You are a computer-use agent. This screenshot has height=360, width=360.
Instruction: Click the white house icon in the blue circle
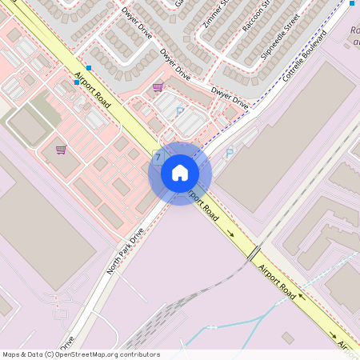point(180,172)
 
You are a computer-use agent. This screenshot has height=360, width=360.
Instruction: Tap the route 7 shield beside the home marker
point(158,156)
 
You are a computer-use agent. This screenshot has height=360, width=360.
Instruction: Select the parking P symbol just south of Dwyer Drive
point(179,112)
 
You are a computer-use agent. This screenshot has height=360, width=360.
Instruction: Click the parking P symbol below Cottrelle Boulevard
point(230,153)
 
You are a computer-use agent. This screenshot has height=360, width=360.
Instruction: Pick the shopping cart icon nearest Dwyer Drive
point(158,87)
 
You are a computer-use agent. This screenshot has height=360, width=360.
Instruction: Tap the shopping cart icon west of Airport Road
point(61,150)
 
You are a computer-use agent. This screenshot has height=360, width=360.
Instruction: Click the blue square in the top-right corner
point(351,3)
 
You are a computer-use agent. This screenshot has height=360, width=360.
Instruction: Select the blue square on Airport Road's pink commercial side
point(76,82)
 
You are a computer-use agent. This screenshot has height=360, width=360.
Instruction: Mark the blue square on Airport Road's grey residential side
point(88,68)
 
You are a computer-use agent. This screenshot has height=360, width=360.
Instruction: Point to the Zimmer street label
point(216,14)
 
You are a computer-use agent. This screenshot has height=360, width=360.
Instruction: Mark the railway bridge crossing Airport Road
point(254,254)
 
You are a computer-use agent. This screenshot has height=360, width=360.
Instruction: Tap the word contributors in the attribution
point(141,354)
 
